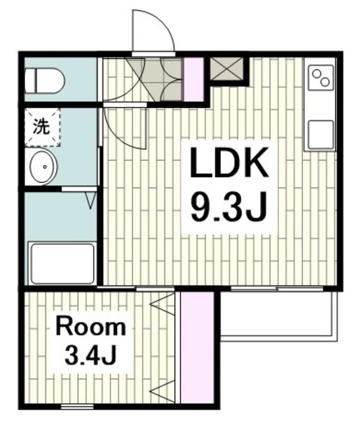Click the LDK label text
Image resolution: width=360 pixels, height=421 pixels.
tap(229, 162)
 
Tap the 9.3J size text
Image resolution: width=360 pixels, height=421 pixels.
tap(228, 205)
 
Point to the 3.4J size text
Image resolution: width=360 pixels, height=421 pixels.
tap(90, 355)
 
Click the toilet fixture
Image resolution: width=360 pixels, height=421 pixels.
tap(45, 81)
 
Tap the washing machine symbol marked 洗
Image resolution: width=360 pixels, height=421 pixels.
tap(43, 127)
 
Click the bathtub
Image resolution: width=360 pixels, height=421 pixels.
tap(63, 263)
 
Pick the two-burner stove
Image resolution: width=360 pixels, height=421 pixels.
tap(321, 78)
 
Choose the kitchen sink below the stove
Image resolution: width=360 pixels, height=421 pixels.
tap(321, 135)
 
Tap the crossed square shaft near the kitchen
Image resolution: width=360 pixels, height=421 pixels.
tap(226, 68)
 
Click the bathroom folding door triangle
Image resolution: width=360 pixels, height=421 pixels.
tap(91, 200)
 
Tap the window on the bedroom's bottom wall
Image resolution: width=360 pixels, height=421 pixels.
tap(78, 407)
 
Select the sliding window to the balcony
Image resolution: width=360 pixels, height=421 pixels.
tap(277, 289)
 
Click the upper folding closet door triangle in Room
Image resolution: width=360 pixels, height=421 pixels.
tap(163, 304)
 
